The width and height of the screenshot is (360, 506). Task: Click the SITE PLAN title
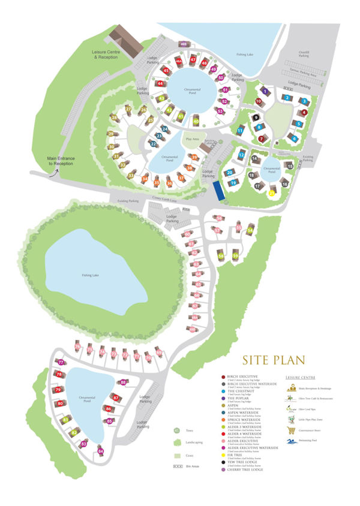274,360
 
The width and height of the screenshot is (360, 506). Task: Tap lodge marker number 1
265,92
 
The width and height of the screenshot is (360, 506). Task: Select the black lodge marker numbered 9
256,118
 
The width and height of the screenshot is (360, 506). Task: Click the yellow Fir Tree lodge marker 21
271,193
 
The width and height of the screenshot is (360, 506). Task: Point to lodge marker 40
196,121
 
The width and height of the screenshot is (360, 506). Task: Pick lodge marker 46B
184,44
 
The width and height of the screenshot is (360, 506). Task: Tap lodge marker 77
61,362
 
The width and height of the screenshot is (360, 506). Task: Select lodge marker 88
123,382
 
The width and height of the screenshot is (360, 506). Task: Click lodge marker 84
100,451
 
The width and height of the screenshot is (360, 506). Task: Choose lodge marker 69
159,353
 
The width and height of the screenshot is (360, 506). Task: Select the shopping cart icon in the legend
292,429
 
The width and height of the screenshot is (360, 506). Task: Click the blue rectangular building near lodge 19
218,191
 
